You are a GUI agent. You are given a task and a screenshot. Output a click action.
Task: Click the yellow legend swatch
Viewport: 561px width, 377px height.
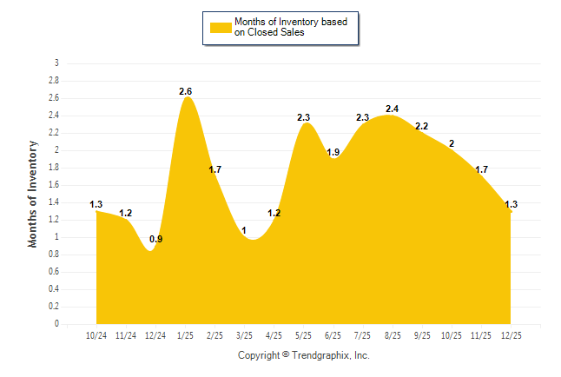pos(221,27)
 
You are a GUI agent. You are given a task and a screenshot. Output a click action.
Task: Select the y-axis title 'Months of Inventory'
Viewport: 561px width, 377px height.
pos(33,194)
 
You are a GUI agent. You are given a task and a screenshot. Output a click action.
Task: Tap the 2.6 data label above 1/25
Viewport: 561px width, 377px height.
pos(186,91)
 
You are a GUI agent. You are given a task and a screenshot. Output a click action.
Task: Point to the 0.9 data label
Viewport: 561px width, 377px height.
pos(156,239)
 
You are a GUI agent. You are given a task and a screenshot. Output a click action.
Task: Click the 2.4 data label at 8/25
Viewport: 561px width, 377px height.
pos(392,109)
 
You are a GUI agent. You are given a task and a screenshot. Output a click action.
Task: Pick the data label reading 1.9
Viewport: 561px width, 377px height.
pos(333,152)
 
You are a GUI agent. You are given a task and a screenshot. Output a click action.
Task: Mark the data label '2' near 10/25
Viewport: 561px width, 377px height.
pos(452,143)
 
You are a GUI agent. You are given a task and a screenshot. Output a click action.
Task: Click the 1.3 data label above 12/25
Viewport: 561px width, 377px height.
pos(511,204)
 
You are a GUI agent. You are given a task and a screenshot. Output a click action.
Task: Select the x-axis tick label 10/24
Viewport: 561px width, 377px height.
pos(96,335)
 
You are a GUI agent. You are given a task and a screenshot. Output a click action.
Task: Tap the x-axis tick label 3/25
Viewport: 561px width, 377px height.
pos(245,335)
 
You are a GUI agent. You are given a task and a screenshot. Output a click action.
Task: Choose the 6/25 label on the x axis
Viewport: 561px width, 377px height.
pos(333,335)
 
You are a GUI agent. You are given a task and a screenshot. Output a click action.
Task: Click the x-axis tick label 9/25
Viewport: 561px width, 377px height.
pos(422,335)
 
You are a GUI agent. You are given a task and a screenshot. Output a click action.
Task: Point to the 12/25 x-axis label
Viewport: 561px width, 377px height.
pos(511,335)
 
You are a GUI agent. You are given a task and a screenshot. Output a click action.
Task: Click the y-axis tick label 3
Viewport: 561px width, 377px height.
pos(56,63)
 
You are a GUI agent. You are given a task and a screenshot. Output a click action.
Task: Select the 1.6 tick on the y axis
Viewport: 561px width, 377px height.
pos(54,185)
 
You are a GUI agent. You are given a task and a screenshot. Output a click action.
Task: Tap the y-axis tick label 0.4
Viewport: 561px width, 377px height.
pos(54,289)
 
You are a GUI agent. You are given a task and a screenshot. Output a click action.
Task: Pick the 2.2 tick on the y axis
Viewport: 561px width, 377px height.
pos(54,133)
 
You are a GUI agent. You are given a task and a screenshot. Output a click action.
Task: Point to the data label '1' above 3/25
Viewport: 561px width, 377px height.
pos(245,230)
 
